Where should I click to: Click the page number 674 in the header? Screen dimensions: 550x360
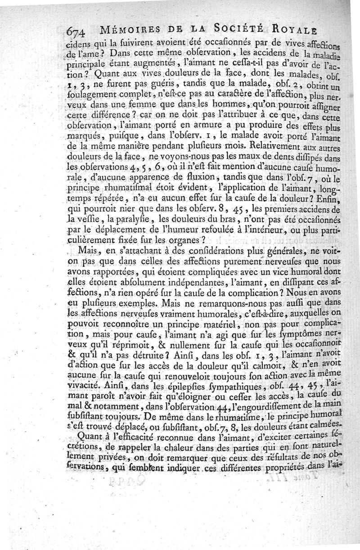point(77,32)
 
